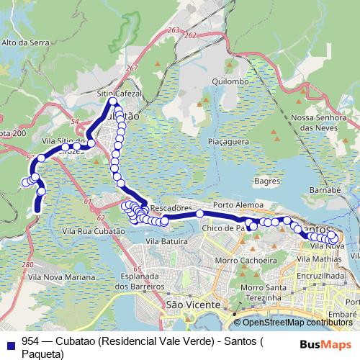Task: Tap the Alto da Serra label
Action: [x=24, y=42]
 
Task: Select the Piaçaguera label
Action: [x=228, y=143]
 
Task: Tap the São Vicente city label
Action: [x=192, y=305]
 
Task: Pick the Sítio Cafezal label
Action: [x=121, y=94]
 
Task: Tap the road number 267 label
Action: [x=130, y=68]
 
